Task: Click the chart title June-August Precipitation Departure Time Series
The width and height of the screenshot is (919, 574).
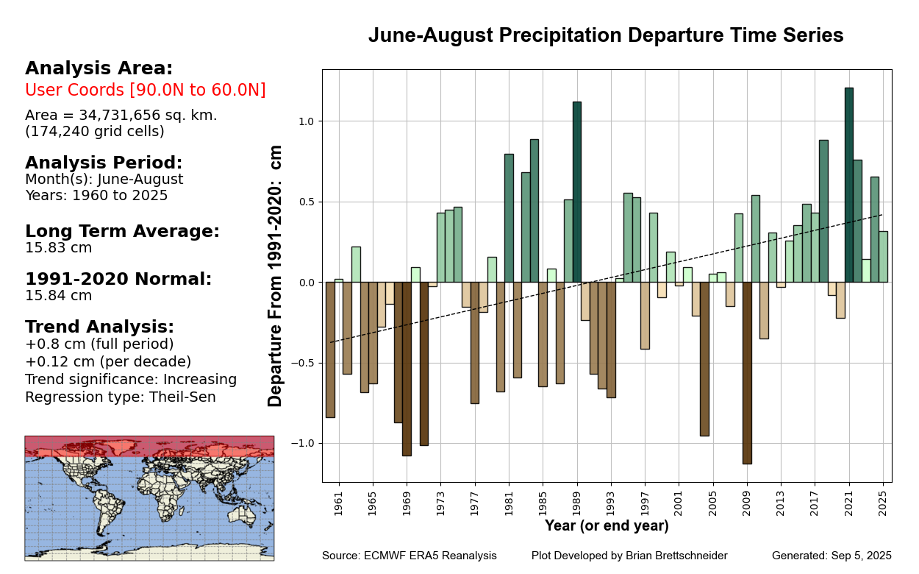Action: point(606,35)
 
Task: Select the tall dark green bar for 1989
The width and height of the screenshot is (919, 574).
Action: point(577,191)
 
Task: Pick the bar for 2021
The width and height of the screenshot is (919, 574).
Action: point(849,184)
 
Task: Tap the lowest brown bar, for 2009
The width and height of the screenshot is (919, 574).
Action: point(747,372)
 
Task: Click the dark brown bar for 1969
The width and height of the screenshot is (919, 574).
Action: point(407,368)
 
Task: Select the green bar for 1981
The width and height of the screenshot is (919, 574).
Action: point(509,218)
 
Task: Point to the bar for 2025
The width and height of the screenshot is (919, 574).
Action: point(883,257)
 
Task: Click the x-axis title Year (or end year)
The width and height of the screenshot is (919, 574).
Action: point(607,526)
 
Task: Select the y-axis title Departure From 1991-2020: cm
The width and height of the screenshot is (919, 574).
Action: point(276,275)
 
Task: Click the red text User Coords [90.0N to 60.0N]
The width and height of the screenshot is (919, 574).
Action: point(146,90)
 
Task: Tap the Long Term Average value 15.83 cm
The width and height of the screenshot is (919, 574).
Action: point(59,248)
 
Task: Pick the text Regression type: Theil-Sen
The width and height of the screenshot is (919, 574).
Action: point(121,397)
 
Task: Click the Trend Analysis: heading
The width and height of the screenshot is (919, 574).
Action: point(100,327)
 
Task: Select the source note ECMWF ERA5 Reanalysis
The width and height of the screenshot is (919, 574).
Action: point(410,556)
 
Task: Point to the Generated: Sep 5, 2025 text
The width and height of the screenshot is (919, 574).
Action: point(832,556)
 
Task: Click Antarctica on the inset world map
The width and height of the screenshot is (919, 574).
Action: point(147,551)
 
